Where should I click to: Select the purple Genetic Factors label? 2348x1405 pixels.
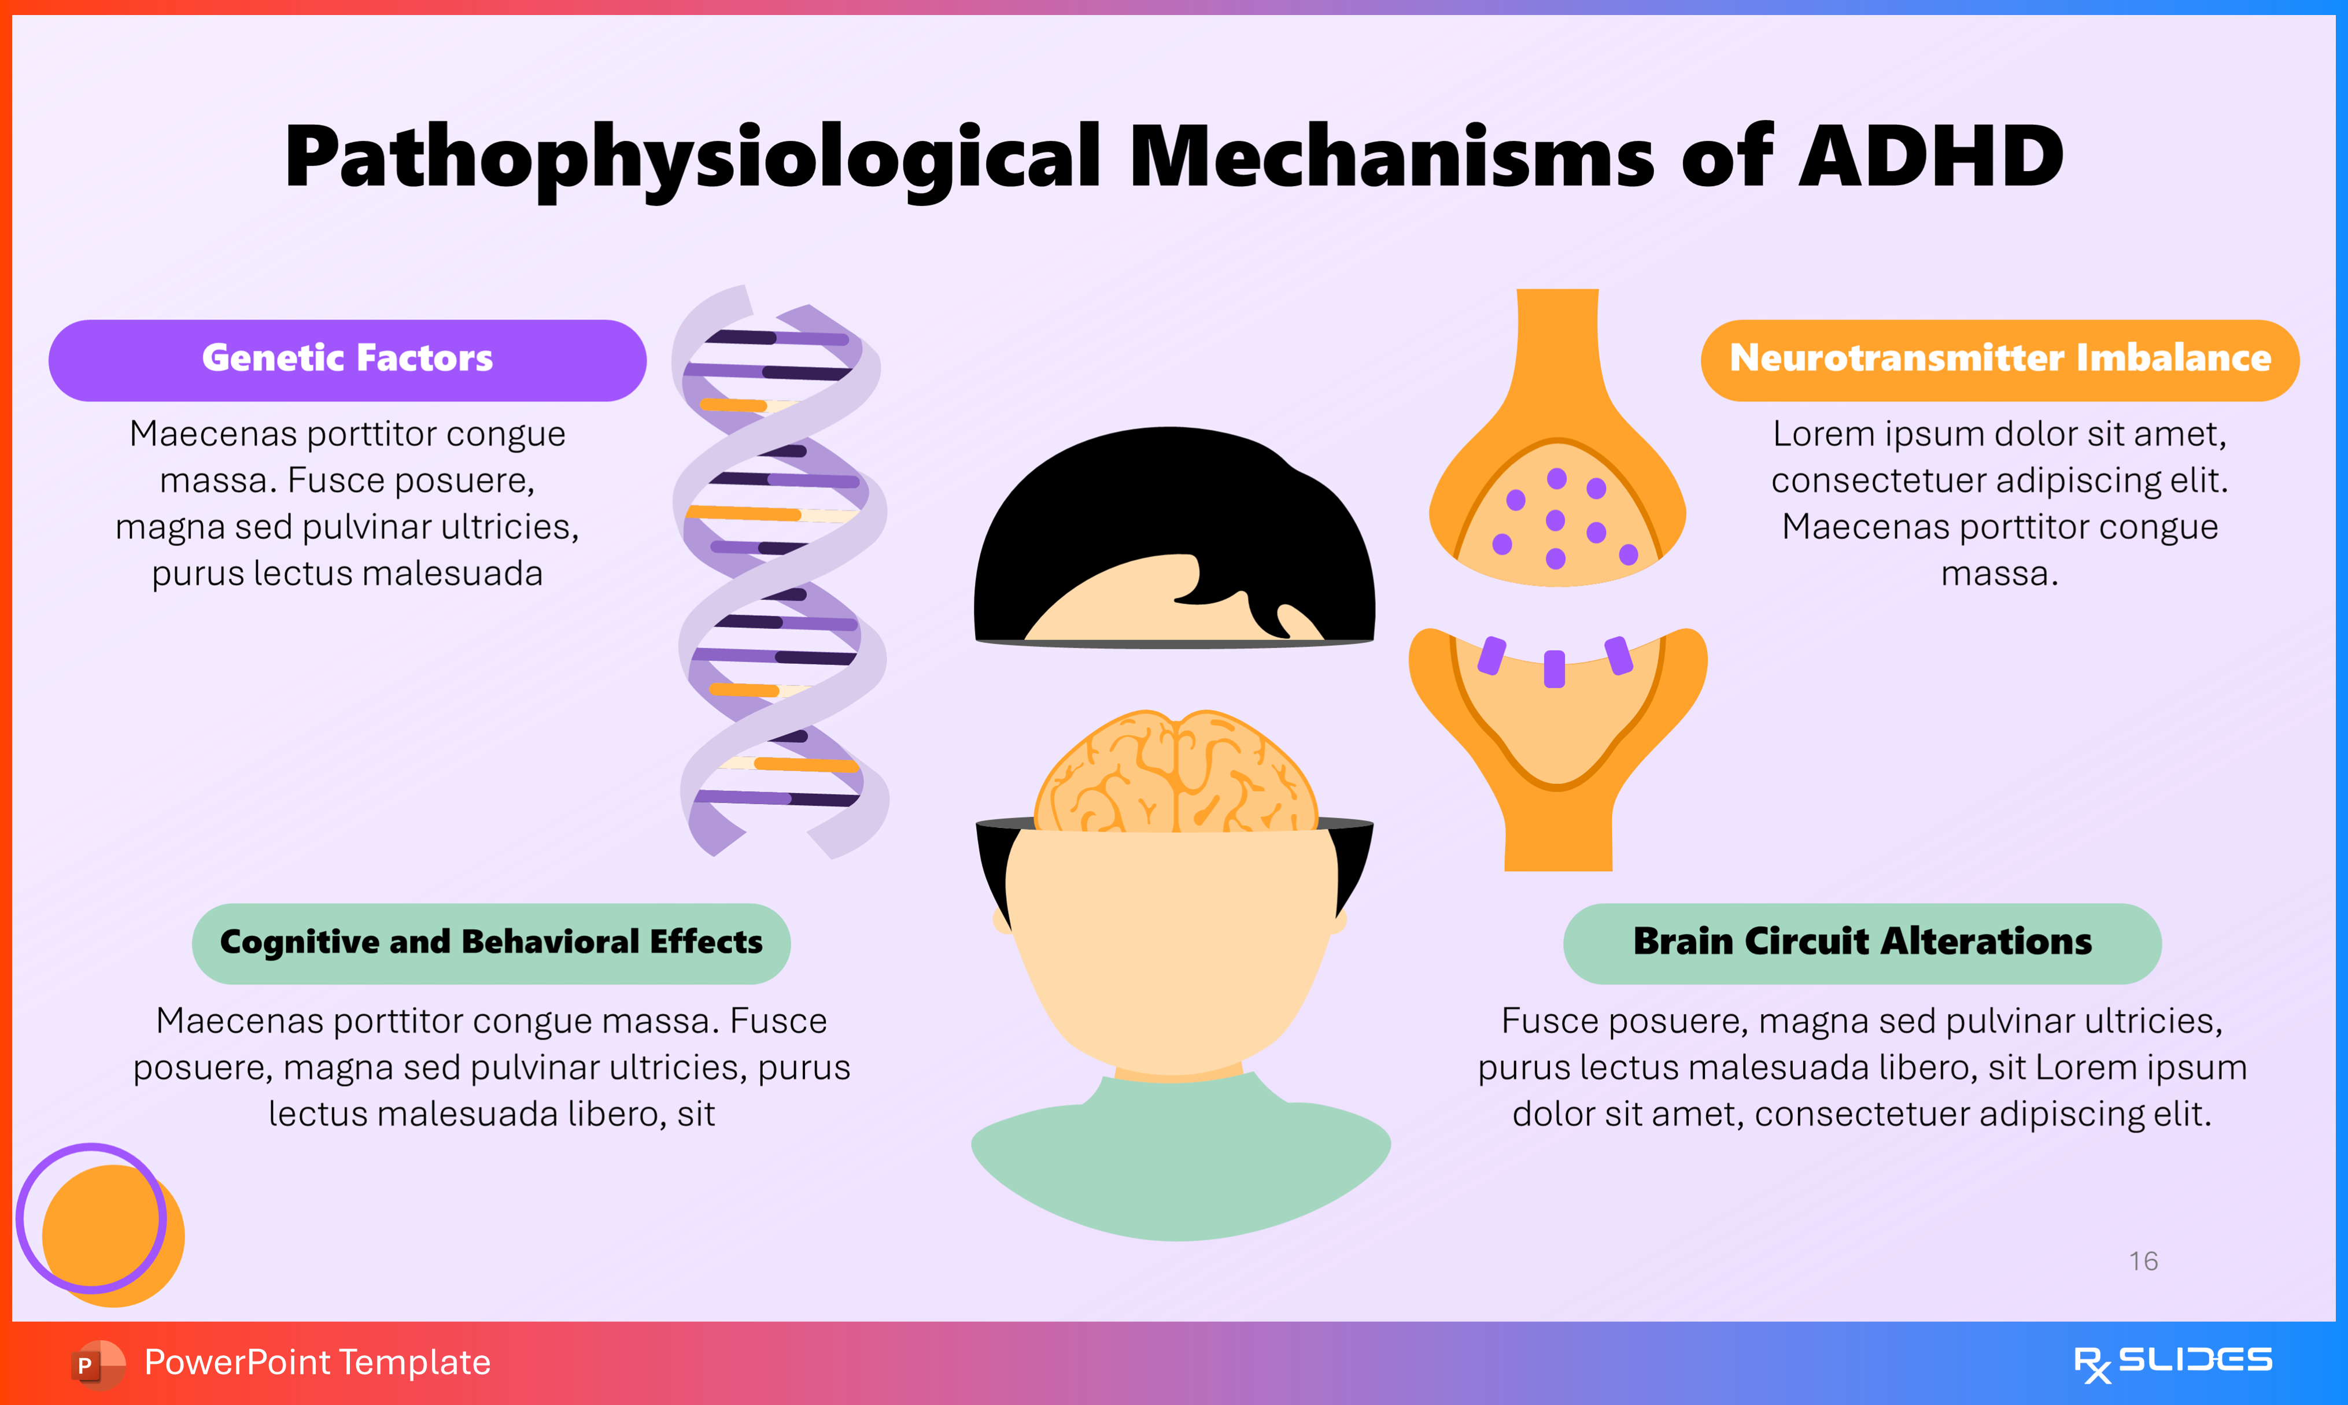[x=348, y=360]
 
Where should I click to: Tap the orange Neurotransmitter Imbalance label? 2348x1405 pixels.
[x=2000, y=360]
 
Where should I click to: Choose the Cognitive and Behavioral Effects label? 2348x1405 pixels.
[x=492, y=943]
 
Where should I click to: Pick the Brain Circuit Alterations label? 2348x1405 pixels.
[x=1862, y=943]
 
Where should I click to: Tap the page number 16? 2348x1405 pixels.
[x=2143, y=1261]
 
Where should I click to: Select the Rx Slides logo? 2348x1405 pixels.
[x=2172, y=1362]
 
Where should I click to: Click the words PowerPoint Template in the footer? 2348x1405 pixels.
[x=317, y=1362]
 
